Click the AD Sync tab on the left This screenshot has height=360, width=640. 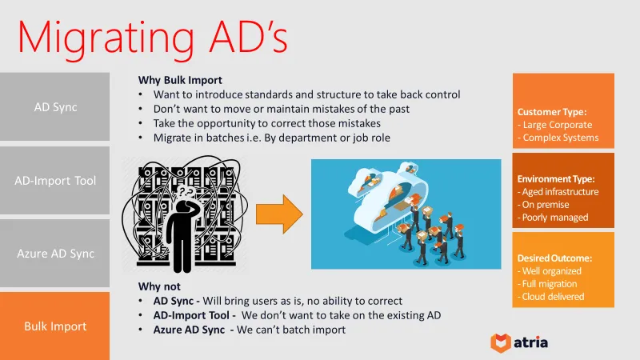tap(54, 106)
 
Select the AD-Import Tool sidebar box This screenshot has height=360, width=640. tap(54, 180)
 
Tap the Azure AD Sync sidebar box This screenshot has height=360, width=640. tap(54, 254)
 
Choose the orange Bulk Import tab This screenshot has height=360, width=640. tap(54, 326)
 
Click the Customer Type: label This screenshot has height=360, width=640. tap(552, 111)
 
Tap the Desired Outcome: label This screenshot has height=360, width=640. tap(554, 258)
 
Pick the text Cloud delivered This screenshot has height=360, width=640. tap(553, 297)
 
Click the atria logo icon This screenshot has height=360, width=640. tap(501, 342)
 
